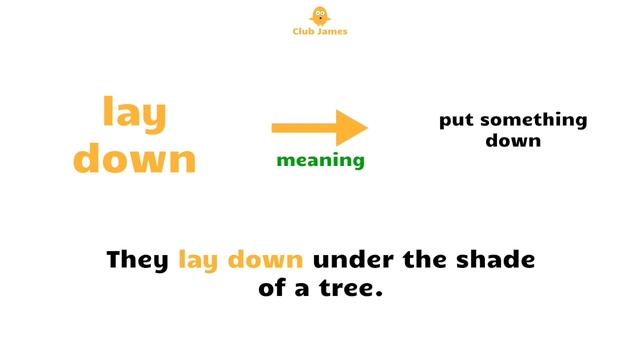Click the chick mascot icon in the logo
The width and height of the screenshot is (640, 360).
(x=320, y=16)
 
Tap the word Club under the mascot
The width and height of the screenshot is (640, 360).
(x=302, y=32)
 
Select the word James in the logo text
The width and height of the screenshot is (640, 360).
(x=332, y=32)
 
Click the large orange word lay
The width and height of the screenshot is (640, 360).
(x=134, y=114)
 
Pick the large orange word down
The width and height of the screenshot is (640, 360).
(x=135, y=158)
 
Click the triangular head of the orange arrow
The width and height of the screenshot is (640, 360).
(x=351, y=127)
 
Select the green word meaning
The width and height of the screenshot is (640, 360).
(x=320, y=160)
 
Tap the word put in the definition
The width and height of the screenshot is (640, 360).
(x=457, y=121)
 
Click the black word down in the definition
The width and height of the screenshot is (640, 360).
(x=513, y=141)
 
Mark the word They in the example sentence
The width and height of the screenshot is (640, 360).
(x=139, y=260)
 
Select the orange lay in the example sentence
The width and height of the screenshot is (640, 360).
(x=199, y=261)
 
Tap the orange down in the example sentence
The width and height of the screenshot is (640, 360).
(x=266, y=260)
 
